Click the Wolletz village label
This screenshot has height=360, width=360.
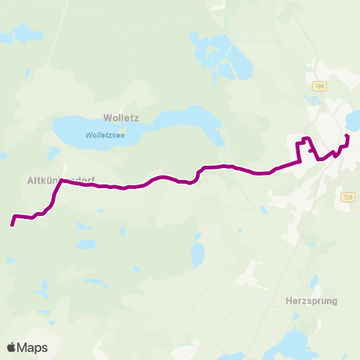point(117,118)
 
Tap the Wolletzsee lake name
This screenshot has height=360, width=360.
point(105,135)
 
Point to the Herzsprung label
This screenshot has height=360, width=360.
point(312,301)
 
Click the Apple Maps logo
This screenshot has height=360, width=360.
point(27,347)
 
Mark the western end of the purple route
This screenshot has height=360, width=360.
point(12,223)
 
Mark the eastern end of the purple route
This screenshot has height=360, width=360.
point(346,136)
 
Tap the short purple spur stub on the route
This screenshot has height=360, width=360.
point(309,150)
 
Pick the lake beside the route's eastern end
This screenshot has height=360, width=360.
point(353,120)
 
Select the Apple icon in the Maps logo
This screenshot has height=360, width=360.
point(11,347)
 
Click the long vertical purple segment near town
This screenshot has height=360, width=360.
point(300,150)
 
